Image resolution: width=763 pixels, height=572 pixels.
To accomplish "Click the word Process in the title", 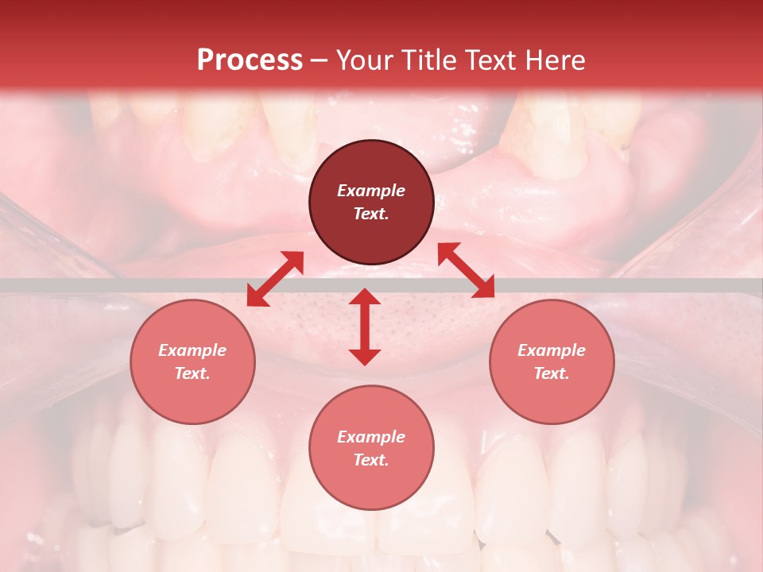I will coord(250,60).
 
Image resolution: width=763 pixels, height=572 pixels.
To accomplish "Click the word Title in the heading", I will coord(430,60).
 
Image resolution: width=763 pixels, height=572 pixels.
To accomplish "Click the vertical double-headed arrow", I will coord(365,327).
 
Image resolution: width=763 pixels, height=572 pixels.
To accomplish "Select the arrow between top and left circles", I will coord(275,279).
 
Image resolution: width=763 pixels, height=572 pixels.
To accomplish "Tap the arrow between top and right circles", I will coord(467,270).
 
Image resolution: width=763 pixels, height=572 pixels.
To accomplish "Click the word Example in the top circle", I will coord(371,191).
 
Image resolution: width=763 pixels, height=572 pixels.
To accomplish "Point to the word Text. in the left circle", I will coord(192,373).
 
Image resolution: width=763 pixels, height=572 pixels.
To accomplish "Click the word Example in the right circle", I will coord(552,350).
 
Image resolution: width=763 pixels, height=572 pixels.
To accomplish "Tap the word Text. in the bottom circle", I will coord(371,460).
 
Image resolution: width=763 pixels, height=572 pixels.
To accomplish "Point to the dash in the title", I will coord(320,60).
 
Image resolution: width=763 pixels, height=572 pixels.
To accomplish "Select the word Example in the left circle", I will coord(192,350).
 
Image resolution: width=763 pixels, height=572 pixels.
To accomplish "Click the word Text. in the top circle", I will coord(371,214).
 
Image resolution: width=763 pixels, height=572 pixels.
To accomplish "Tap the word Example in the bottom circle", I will coord(371,437).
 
